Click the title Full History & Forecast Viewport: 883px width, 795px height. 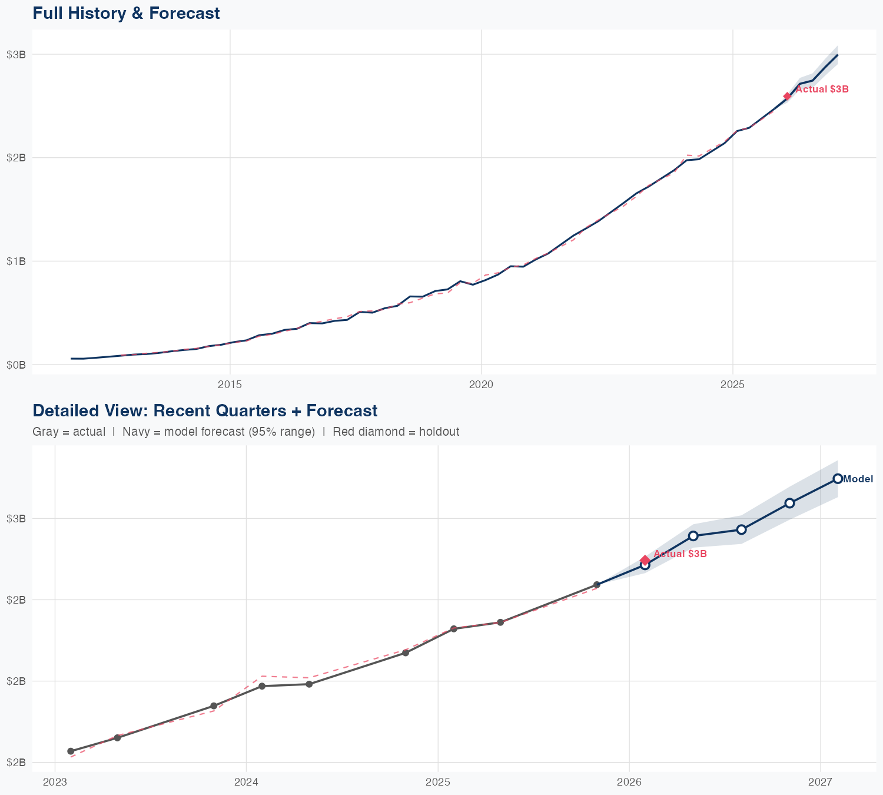[126, 14]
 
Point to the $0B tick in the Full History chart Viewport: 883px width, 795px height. [16, 365]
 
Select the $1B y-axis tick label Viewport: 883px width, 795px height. [16, 261]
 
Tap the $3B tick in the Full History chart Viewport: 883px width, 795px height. [16, 54]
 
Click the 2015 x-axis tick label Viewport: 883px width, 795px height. [230, 385]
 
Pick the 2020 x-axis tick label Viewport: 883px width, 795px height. [481, 385]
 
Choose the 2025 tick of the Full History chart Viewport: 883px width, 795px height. [733, 385]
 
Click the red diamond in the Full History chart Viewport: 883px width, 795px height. [787, 97]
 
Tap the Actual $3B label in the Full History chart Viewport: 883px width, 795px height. [822, 90]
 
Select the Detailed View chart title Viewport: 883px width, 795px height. [205, 411]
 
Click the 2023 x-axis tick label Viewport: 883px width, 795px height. [55, 782]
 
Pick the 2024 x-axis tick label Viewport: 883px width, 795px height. [246, 782]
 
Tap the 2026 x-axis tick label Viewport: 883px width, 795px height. [629, 782]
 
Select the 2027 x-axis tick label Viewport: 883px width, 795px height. [821, 782]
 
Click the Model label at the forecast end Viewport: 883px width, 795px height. [858, 479]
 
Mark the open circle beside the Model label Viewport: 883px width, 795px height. [838, 479]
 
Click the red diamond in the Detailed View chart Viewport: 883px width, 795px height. [645, 560]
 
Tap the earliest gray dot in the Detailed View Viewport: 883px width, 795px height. [71, 751]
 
